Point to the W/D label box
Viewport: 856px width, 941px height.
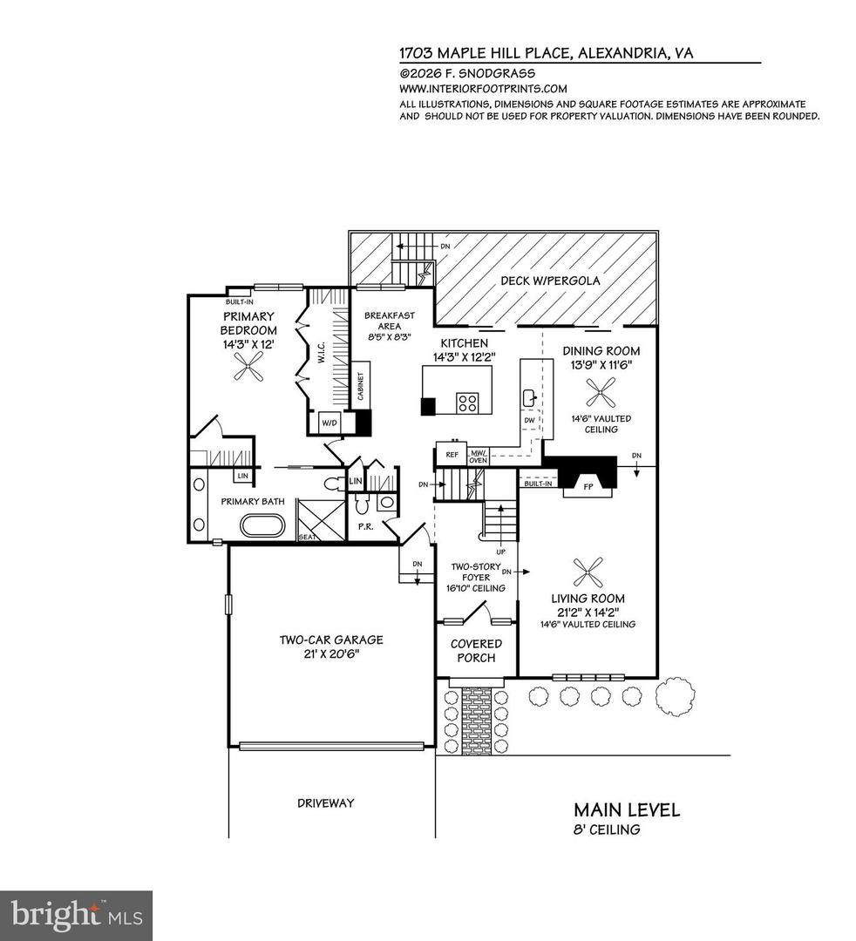(329, 423)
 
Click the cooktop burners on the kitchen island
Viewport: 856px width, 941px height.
(468, 403)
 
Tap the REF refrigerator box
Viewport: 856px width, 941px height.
(452, 454)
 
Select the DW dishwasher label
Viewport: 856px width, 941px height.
(530, 420)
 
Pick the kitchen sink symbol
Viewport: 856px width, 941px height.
(530, 397)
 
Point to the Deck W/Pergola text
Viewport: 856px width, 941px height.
(550, 281)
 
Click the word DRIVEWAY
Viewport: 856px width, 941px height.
(324, 802)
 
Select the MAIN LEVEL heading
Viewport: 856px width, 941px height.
(627, 810)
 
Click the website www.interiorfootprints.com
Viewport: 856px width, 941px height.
(483, 89)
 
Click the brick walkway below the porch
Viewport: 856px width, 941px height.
(476, 714)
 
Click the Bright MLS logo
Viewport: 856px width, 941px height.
(76, 915)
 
